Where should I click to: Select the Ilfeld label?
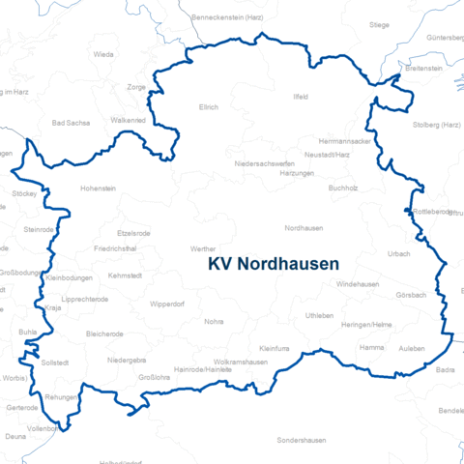(300, 98)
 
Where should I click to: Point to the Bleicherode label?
(105, 333)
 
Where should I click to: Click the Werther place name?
(203, 248)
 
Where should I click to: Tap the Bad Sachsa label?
(70, 124)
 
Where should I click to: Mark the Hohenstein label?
(98, 188)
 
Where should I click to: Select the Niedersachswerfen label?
(263, 163)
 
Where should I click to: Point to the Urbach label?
(398, 254)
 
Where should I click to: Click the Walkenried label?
(129, 120)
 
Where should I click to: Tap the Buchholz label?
(343, 188)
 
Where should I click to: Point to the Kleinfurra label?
(275, 347)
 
